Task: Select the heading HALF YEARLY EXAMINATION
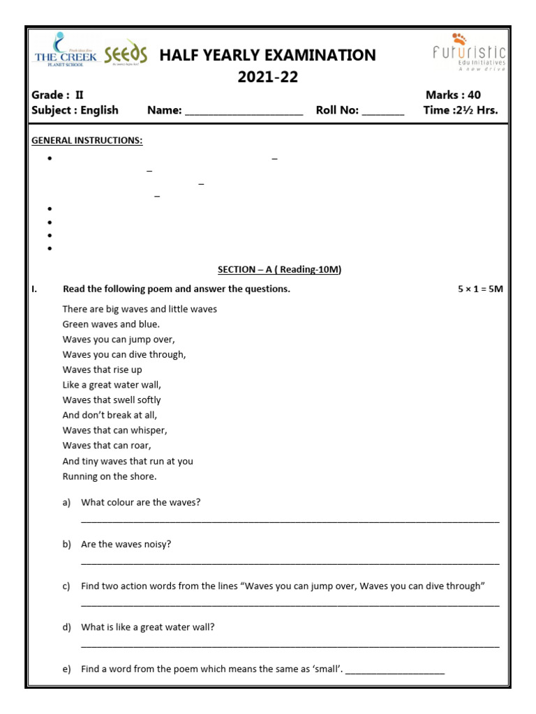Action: coord(267,55)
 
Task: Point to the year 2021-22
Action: coord(267,77)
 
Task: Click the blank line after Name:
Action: coord(244,111)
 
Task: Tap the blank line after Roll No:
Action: coord(382,111)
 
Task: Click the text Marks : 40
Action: coord(453,95)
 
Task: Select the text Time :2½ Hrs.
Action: coord(460,110)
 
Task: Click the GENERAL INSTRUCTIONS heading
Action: coord(87,141)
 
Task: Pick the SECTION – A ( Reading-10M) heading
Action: coord(279,270)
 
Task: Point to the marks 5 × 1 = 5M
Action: coord(476,289)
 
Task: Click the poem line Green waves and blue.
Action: coord(111,324)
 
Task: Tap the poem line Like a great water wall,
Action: coord(112,385)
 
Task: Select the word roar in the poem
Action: coord(139,446)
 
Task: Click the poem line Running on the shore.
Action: coord(110,476)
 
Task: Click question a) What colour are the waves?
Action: coord(140,502)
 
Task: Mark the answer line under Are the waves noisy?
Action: coord(290,562)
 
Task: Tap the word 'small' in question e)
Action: coord(327,669)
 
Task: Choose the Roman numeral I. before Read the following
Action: coord(34,289)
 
